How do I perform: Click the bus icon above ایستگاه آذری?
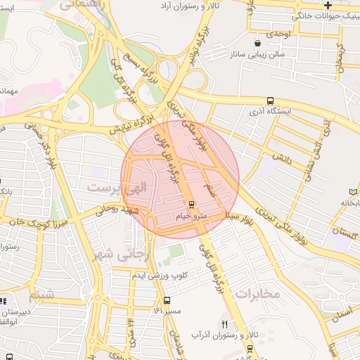271,101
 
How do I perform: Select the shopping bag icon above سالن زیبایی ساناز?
266,43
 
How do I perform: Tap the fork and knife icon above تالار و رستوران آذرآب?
224,324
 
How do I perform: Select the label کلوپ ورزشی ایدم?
159,274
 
